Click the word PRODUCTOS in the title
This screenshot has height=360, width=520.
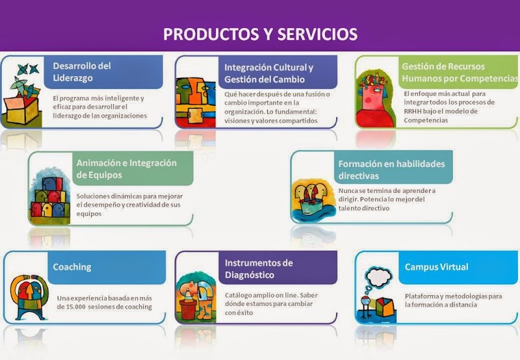pyautogui.click(x=211, y=34)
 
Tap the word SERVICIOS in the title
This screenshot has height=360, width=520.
pyautogui.click(x=317, y=34)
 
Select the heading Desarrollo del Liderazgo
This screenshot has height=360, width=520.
pyautogui.click(x=82, y=72)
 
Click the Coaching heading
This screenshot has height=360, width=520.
pyautogui.click(x=72, y=267)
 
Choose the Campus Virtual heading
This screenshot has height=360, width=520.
pyautogui.click(x=436, y=267)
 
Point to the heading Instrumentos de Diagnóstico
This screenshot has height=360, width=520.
pyautogui.click(x=259, y=269)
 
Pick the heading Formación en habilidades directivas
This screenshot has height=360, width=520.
pyautogui.click(x=392, y=170)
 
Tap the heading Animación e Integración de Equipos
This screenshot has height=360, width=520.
pyautogui.click(x=126, y=169)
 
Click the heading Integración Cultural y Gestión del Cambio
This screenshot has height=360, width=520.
pyautogui.click(x=268, y=73)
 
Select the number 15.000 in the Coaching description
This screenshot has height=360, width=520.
pyautogui.click(x=75, y=307)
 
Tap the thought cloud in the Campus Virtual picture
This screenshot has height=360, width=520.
pyautogui.click(x=378, y=277)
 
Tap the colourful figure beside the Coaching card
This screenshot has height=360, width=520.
pyautogui.click(x=29, y=298)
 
